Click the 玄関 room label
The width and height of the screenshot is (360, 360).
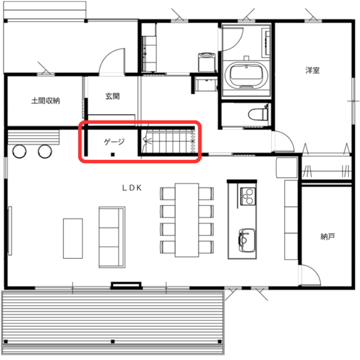pos(113,96)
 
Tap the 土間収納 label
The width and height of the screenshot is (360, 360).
pos(45,101)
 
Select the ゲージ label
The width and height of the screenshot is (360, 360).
pos(114,141)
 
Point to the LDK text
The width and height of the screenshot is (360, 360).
pos(132,188)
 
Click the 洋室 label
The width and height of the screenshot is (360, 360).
pos(313,70)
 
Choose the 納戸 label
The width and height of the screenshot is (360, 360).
pos(328,236)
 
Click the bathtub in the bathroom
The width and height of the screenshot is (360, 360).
pos(246,75)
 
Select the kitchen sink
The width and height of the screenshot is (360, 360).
pos(246,240)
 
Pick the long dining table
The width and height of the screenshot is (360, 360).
pos(187,220)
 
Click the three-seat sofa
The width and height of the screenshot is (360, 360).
pos(112,237)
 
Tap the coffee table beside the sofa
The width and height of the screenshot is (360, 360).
pos(73,239)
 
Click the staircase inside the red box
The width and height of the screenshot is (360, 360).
pos(168,141)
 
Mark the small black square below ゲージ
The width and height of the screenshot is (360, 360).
pos(113,154)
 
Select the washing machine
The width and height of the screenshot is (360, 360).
pos(207,62)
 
